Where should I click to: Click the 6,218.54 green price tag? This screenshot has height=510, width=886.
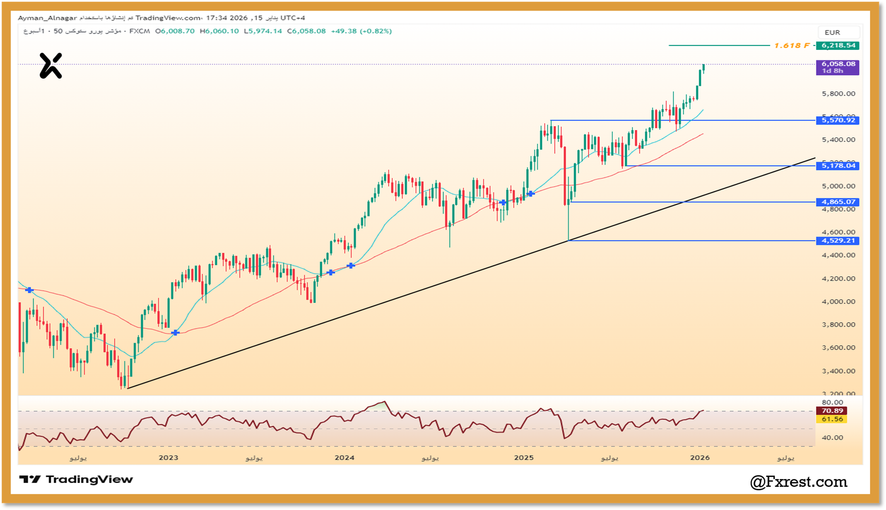click(837, 45)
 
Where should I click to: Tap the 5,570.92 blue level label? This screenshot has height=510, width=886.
click(837, 120)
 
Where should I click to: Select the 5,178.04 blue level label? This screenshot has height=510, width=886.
click(837, 166)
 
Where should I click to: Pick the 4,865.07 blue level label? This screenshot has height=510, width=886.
click(837, 202)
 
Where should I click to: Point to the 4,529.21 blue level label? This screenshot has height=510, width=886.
click(837, 241)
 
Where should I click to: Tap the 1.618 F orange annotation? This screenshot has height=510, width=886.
click(792, 45)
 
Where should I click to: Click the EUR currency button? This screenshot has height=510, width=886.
click(832, 33)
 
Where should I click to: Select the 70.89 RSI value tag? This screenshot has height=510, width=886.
click(832, 411)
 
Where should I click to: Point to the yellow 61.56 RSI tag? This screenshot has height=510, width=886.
click(832, 419)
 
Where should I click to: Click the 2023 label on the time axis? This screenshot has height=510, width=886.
click(168, 457)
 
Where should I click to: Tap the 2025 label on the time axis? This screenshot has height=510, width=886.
click(524, 457)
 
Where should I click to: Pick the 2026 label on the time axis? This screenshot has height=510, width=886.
click(700, 457)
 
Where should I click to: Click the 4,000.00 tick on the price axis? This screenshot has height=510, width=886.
click(838, 302)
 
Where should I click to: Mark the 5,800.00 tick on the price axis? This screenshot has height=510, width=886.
click(838, 94)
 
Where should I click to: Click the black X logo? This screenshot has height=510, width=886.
click(50, 66)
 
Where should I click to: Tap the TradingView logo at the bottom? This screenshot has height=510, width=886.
click(76, 480)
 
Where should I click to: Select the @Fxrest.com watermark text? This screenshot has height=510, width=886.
click(799, 482)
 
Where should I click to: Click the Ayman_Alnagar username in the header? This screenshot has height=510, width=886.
click(47, 18)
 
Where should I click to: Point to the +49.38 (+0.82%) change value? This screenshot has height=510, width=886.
click(361, 31)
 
